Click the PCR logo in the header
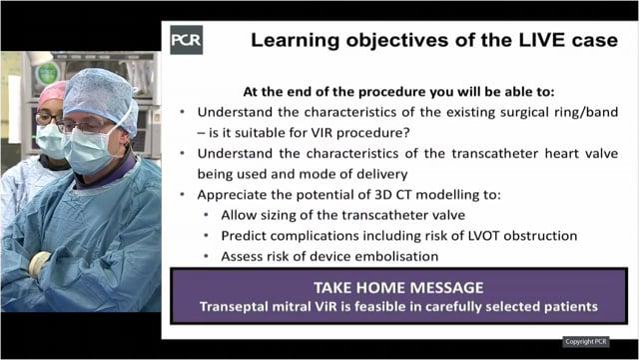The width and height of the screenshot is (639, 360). (187, 40)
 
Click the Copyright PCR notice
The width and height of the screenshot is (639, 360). (590, 342)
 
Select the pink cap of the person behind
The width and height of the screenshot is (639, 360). (52, 92)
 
